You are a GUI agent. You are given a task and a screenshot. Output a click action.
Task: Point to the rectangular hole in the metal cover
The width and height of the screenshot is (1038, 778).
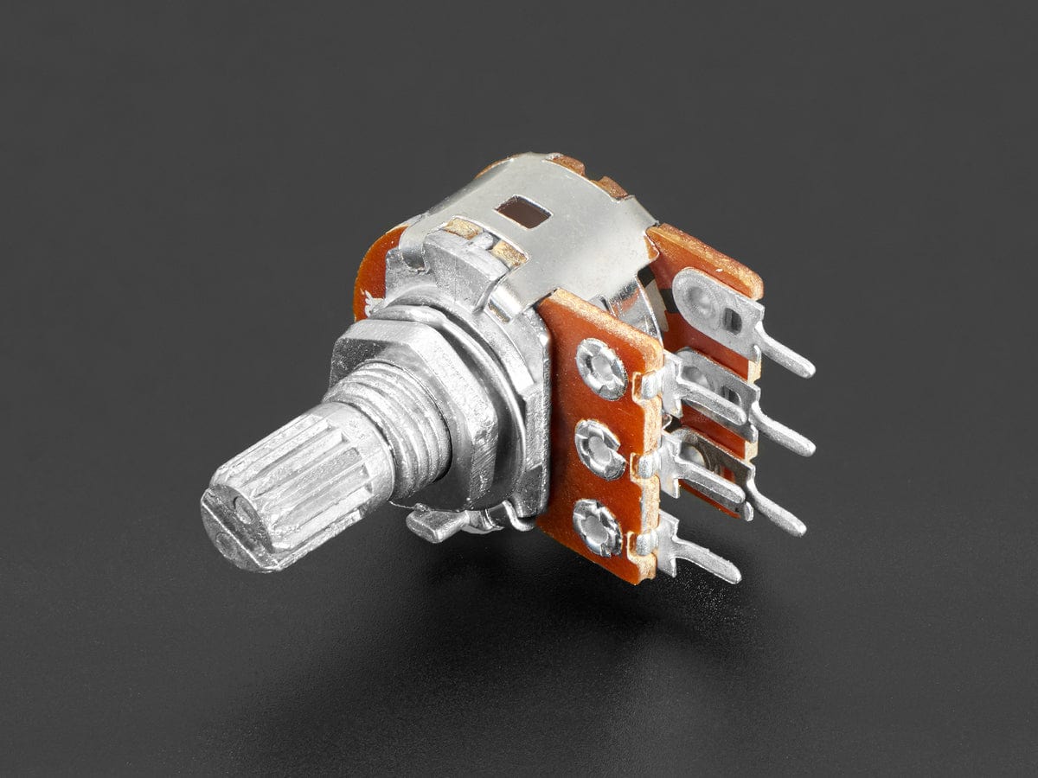[522, 211]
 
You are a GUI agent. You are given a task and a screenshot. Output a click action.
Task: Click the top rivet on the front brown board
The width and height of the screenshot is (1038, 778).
[601, 368]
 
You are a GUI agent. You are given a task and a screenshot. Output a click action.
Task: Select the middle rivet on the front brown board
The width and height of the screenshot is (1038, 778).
[600, 449]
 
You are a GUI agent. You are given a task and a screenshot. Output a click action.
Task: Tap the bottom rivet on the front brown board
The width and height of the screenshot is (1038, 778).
[598, 526]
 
